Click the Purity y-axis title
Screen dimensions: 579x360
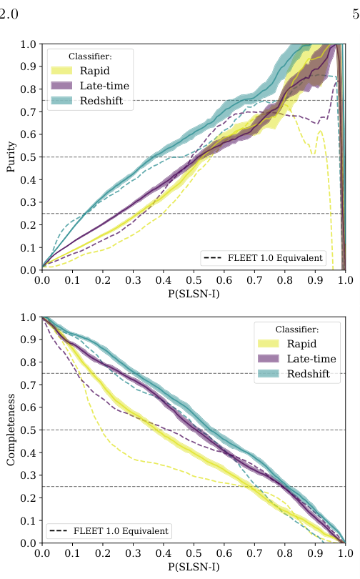(11, 157)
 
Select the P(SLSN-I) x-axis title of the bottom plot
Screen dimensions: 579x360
(193, 568)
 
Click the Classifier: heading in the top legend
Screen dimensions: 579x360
(90, 55)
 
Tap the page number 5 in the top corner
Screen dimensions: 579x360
(355, 11)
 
